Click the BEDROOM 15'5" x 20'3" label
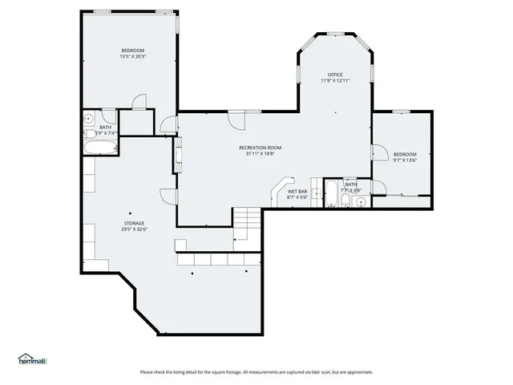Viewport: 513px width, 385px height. [132, 53]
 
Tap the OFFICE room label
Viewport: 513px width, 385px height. [335, 75]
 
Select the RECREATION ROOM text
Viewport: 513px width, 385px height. [260, 148]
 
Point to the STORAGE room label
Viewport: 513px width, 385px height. [134, 223]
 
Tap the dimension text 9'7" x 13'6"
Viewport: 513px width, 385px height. [405, 160]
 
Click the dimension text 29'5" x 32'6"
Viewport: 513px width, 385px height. [134, 229]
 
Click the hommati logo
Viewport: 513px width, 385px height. [32, 359]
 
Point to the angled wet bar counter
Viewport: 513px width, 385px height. [279, 191]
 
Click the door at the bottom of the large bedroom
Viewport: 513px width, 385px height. [139, 103]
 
